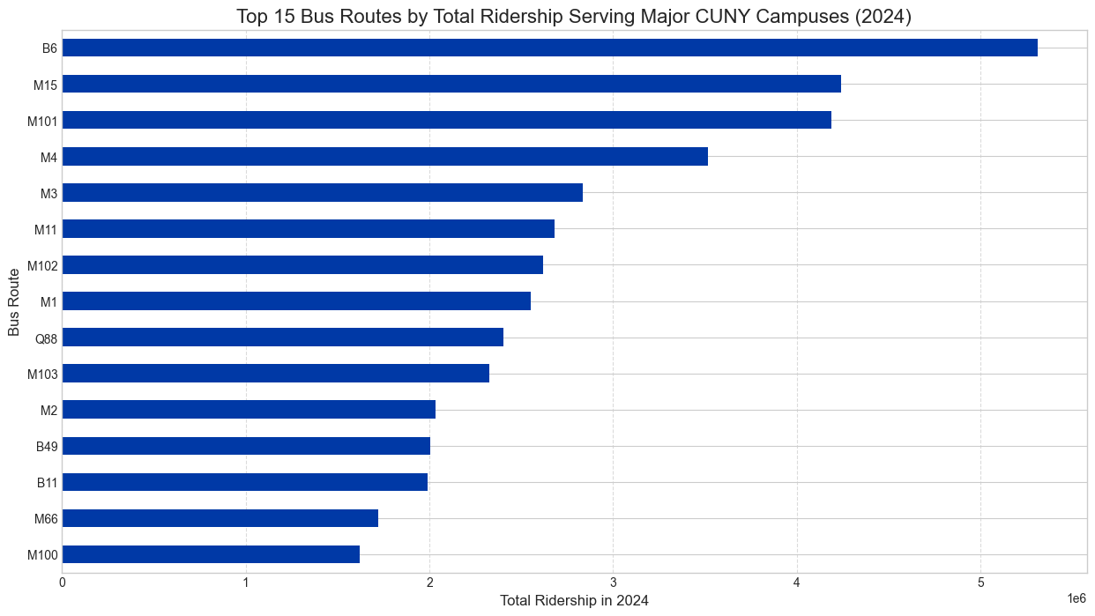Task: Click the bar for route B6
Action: coord(549,48)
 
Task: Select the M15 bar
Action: coord(451,84)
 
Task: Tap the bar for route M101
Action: coord(446,120)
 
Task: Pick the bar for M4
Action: coord(384,156)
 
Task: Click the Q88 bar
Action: coord(282,338)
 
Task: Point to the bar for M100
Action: coord(211,554)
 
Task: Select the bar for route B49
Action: coord(246,446)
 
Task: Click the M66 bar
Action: coord(220,518)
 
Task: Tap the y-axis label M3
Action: coord(48,193)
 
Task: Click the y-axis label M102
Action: coord(42,265)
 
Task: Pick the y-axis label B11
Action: coord(47,482)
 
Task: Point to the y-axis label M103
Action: coord(42,374)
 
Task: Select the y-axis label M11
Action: coord(46,229)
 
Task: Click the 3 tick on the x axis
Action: coord(613,583)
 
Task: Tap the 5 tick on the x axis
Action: coord(980,583)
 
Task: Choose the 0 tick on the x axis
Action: coord(62,583)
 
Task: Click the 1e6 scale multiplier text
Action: coord(1076,598)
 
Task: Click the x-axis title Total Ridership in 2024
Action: coord(574,601)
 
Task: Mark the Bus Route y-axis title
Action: coord(13,301)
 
